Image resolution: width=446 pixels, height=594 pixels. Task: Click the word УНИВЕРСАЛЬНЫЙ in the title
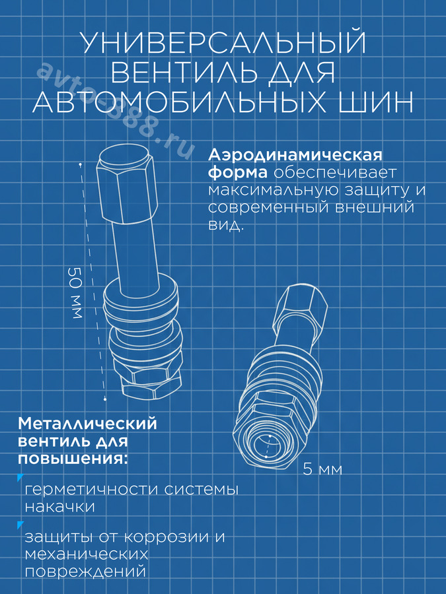[x=224, y=42]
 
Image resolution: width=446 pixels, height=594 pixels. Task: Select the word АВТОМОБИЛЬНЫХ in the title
[x=179, y=102]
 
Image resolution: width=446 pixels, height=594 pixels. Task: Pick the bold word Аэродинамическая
[x=295, y=155]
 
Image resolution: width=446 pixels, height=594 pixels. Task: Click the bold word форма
[x=238, y=173]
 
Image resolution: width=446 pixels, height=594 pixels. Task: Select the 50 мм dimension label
[x=75, y=292]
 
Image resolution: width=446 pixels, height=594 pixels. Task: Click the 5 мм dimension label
[x=322, y=469]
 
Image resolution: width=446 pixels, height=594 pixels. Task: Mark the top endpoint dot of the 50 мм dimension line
[x=81, y=165]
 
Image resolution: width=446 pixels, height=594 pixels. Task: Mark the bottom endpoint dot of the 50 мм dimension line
[x=105, y=399]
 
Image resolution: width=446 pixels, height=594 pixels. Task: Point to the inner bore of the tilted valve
[x=268, y=447]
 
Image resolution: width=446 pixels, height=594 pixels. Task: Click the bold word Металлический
[x=87, y=424]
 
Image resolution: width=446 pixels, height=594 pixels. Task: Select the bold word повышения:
[x=73, y=459]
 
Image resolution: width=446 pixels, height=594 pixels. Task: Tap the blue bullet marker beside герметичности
[x=20, y=477]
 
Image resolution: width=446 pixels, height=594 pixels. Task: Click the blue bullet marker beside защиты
[x=20, y=525]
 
